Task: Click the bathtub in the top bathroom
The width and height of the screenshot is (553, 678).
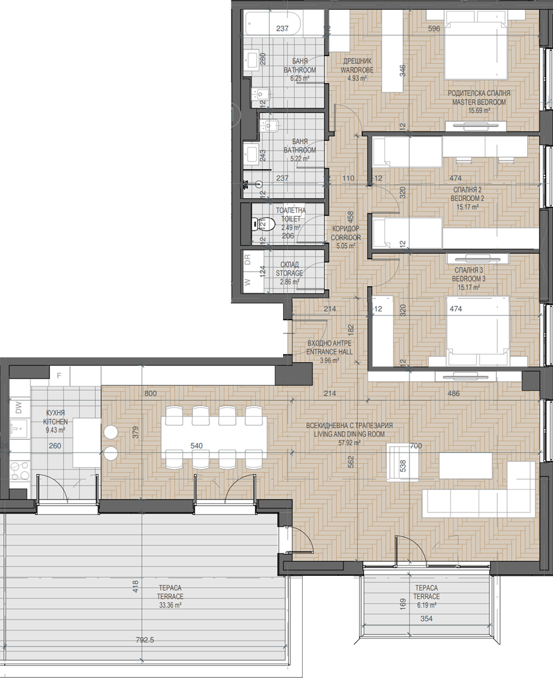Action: pos(273,25)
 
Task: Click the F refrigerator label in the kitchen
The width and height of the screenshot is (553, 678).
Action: pos(59,376)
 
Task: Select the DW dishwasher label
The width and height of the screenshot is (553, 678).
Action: pos(18,407)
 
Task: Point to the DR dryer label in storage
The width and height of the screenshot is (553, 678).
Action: pos(248,259)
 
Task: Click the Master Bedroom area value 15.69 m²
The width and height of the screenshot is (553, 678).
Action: pos(479,111)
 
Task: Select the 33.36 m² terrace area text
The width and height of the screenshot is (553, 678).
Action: pos(170,605)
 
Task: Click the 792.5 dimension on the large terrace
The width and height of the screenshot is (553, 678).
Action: pos(145,640)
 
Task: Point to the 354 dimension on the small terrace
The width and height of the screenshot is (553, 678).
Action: pos(427,619)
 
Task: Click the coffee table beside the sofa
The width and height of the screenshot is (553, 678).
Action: pos(466,466)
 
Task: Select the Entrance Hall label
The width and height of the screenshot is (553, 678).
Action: pos(330,347)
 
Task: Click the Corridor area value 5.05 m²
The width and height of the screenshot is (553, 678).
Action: pos(346,246)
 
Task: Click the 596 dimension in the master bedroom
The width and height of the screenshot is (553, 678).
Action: pos(434,29)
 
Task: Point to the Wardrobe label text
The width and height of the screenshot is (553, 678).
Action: pos(357,66)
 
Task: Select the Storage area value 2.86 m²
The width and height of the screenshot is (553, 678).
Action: pos(289,282)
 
